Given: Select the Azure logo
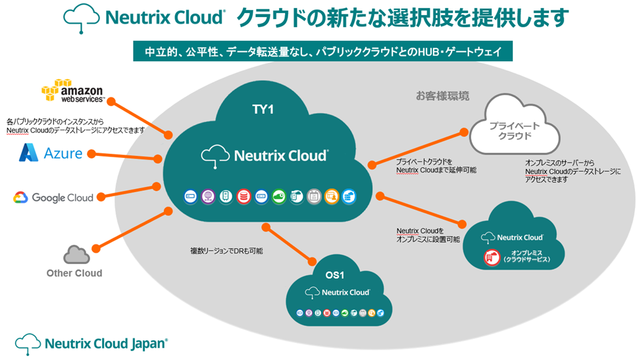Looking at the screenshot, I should (x=51, y=153).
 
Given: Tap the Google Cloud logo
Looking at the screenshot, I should (x=53, y=197).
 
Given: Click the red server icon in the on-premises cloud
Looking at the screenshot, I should (x=490, y=257).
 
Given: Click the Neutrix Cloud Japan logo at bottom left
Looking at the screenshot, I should (x=91, y=342).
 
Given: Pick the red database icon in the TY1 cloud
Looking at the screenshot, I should (x=244, y=195).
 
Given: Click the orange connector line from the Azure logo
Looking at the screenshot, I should (x=124, y=156).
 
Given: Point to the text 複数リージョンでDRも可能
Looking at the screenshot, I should (x=226, y=251).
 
